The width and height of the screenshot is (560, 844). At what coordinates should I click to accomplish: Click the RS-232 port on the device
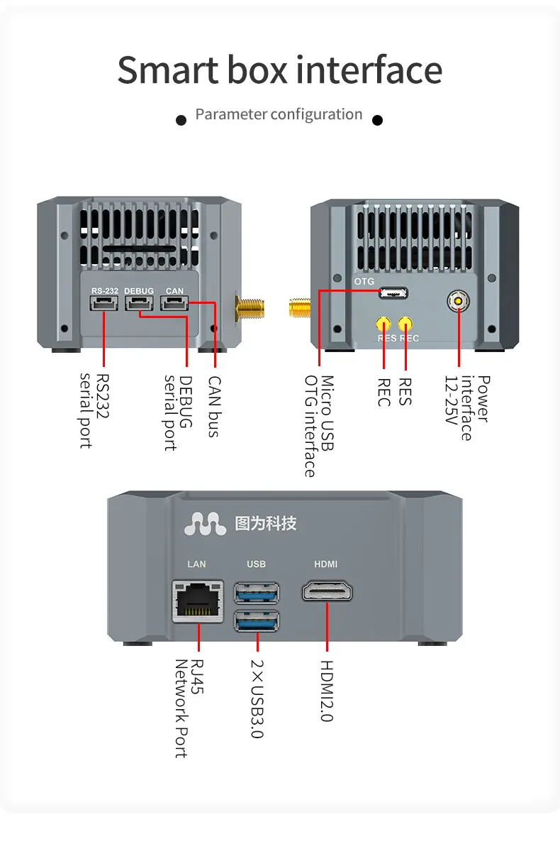coord(103,303)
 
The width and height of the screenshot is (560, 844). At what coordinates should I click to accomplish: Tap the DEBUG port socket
coord(139,303)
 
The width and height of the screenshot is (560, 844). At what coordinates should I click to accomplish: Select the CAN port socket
coord(174,303)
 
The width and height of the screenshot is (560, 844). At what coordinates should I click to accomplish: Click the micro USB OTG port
coord(392,292)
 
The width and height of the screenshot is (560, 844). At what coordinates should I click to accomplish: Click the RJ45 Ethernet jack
coord(197,601)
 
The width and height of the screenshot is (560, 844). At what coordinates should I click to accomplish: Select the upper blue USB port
coord(256,591)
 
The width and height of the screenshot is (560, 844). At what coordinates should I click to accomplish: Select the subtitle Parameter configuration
coord(279,114)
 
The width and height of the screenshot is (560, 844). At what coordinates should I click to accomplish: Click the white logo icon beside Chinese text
coord(205,524)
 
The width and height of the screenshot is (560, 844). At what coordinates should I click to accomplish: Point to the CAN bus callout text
coord(213,406)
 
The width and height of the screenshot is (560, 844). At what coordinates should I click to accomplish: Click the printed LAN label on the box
coord(196,564)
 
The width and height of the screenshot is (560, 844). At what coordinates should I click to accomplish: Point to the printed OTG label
coord(364,282)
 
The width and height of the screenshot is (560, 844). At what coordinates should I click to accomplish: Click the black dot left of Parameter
coord(181,120)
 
